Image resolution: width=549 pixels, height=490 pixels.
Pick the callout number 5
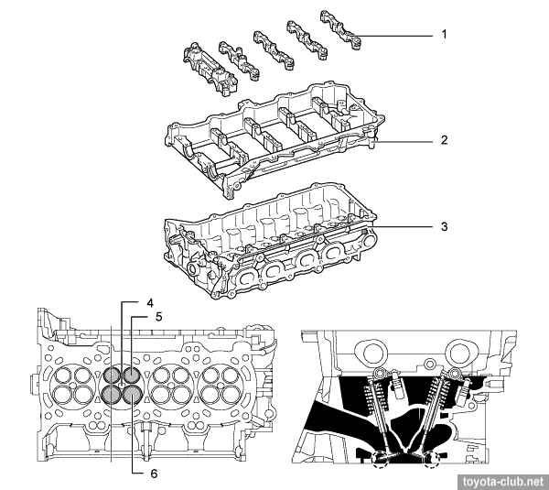coord(158,318)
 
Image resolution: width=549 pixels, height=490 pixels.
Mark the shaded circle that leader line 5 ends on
coord(132,375)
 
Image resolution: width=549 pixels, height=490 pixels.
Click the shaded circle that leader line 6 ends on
coord(132,394)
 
